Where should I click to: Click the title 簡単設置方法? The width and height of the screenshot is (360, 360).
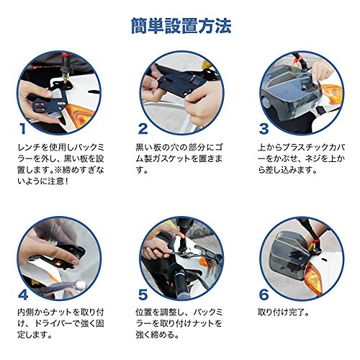point(181,26)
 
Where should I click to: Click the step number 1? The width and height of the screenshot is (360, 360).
point(23,129)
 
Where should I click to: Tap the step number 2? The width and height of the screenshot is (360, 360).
point(143,129)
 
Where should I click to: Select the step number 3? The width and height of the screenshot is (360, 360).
point(264,129)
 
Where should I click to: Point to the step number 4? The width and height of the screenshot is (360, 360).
point(23,294)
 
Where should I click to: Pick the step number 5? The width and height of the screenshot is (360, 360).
point(143,294)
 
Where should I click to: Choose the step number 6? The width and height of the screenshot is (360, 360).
point(264,294)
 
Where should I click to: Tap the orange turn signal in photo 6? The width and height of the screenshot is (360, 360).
point(313,278)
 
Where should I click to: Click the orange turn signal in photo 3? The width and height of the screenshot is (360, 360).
point(332,94)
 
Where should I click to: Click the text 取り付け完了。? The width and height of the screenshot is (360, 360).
point(283,312)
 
